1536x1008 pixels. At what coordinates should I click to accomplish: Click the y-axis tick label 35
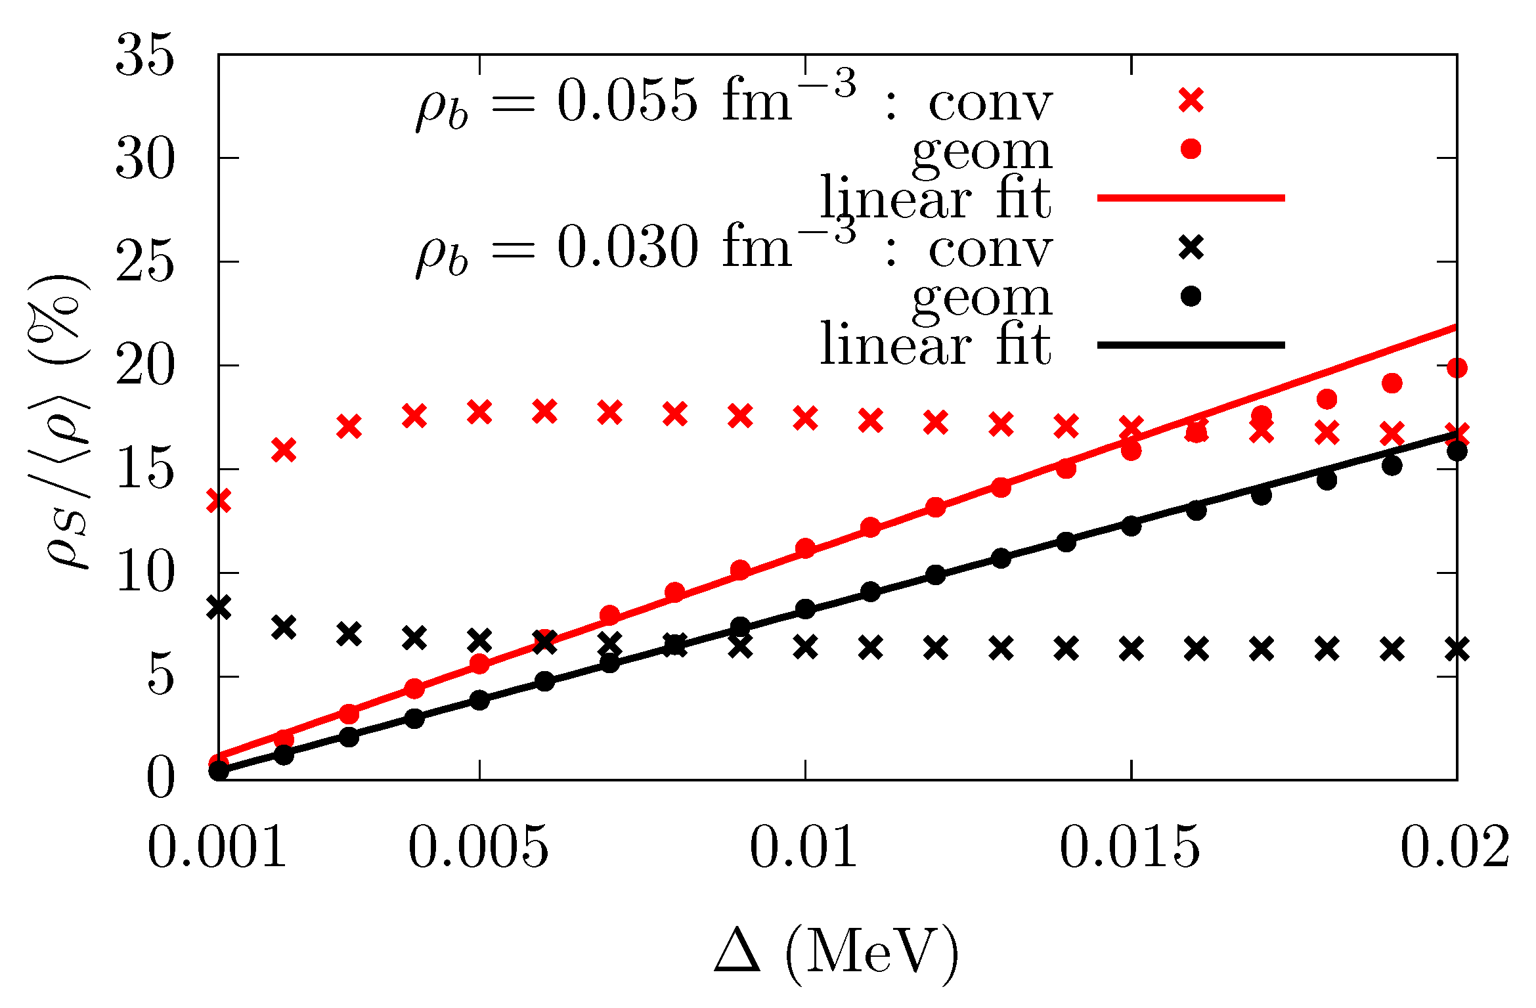[x=145, y=56]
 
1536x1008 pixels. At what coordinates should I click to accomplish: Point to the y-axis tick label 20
[x=145, y=366]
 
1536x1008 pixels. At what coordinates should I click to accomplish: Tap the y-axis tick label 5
[x=160, y=677]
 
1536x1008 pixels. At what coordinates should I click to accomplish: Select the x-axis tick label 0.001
[x=217, y=847]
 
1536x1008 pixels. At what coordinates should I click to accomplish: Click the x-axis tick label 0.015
[x=1130, y=847]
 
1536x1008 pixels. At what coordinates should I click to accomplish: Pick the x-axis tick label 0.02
[x=1455, y=847]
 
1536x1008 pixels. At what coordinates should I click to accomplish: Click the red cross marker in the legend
[x=1191, y=100]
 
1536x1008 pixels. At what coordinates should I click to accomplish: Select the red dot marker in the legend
[x=1191, y=149]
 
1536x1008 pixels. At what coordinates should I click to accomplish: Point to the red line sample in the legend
[x=1191, y=198]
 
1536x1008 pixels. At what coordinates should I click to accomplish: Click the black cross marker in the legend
[x=1191, y=248]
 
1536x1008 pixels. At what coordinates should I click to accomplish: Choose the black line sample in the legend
[x=1191, y=345]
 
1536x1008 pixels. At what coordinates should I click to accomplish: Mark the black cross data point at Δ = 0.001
[x=219, y=607]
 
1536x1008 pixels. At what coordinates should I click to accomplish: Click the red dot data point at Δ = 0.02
[x=1457, y=368]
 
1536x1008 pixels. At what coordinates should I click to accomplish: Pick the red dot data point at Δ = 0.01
[x=805, y=548]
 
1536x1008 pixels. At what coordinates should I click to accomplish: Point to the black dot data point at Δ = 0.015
[x=1131, y=526]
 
